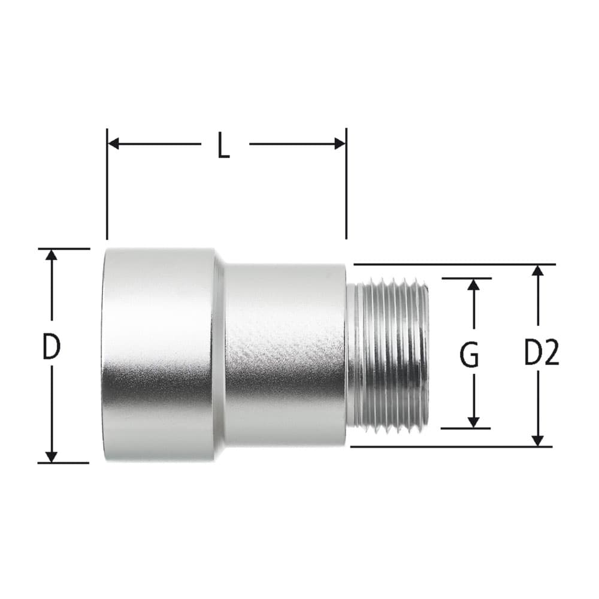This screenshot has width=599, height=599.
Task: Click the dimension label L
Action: [x=224, y=145]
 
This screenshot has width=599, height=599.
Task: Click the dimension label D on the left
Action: [x=51, y=347]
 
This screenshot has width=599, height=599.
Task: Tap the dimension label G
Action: [x=469, y=354]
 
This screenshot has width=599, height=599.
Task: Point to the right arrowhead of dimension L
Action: [x=340, y=144]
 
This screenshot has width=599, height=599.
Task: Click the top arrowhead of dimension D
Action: [x=51, y=255]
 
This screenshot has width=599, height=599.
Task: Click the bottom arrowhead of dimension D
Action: [x=51, y=457]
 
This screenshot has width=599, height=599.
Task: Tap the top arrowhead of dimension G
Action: [x=474, y=285]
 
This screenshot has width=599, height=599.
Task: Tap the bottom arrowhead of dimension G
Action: [x=474, y=422]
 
